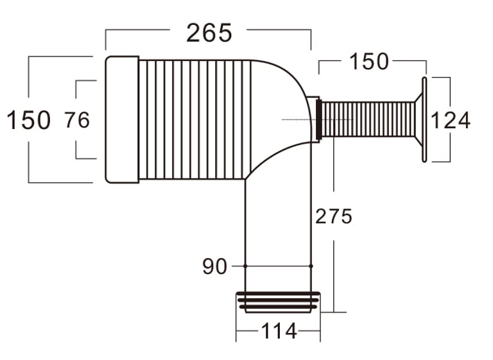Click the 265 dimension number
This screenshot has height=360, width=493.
pos(209,33)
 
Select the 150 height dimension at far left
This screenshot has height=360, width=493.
pos(28,120)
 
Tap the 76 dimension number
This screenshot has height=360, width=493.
pos(77,119)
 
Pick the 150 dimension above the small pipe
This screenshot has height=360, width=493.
pos(369,62)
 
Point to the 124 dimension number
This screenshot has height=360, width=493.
pos(451,120)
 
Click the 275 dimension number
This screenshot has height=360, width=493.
pos(334,217)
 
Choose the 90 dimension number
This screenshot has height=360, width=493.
pos(214,266)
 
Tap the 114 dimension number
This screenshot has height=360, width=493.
pos(279,332)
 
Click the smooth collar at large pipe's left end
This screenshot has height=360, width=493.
pos(122,119)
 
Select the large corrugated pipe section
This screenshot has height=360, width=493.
pos(193,119)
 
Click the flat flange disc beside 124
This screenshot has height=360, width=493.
pos(424,120)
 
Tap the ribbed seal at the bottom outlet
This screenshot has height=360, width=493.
pos(278,302)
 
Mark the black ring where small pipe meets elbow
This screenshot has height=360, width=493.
pos(319,119)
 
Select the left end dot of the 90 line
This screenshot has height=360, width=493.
pos(245,266)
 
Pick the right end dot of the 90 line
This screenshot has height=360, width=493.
pos(311,266)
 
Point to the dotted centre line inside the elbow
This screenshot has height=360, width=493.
pos(302,119)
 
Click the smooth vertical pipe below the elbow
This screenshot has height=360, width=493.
pos(278,225)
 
